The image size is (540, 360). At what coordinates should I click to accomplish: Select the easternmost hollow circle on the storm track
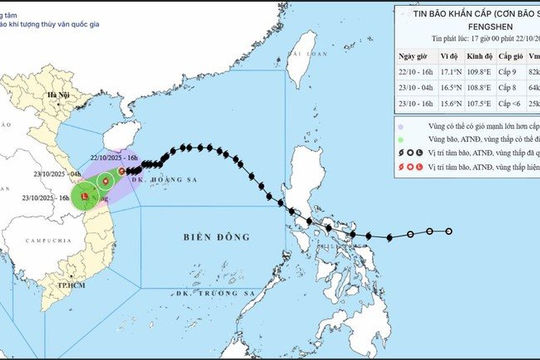(449, 231)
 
